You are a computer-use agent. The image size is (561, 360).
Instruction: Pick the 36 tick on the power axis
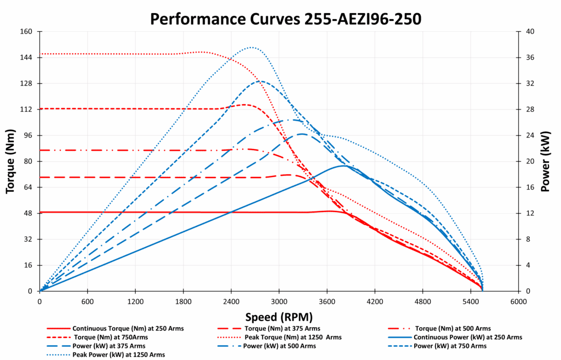coord(530,58)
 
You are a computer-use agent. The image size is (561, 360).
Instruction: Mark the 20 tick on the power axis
coord(530,162)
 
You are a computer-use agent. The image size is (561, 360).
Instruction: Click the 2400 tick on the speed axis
coord(231,301)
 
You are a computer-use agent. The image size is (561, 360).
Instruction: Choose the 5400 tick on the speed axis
coord(471,301)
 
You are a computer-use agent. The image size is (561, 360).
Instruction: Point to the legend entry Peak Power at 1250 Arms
coord(118,355)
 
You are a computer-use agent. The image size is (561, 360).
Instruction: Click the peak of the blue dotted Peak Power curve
coord(251,47)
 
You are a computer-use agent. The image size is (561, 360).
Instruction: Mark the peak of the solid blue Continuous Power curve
coord(344,165)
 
